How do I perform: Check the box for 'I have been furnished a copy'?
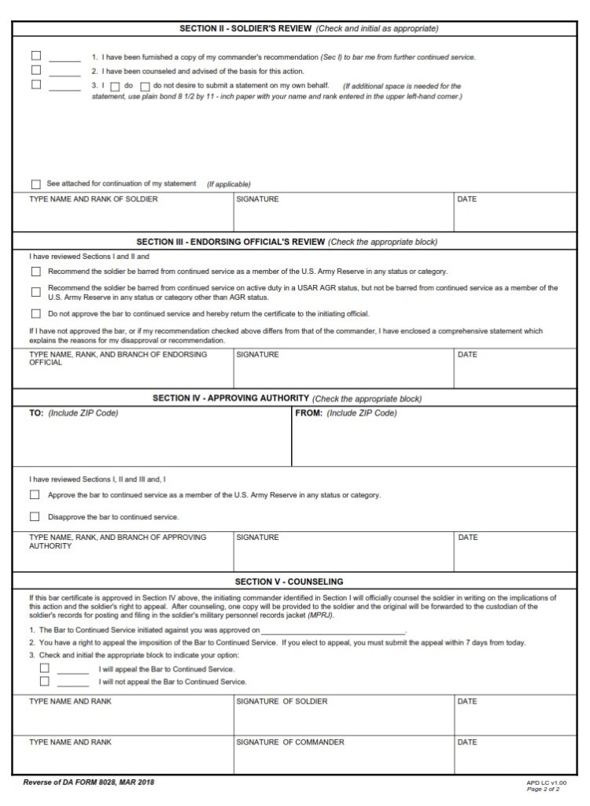pyautogui.click(x=36, y=57)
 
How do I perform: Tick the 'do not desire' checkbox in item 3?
pyautogui.click(x=145, y=86)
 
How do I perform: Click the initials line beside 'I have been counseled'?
pyautogui.click(x=65, y=71)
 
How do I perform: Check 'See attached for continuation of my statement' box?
pyautogui.click(x=36, y=184)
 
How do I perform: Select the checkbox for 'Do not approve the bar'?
pyautogui.click(x=36, y=313)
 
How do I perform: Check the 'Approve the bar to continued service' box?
pyautogui.click(x=35, y=495)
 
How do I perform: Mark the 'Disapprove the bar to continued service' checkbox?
pyautogui.click(x=35, y=517)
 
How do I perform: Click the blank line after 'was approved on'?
pyautogui.click(x=333, y=630)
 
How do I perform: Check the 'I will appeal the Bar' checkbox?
pyautogui.click(x=45, y=668)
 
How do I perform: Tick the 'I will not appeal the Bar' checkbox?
pyautogui.click(x=45, y=682)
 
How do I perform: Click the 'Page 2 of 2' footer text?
pyautogui.click(x=543, y=789)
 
